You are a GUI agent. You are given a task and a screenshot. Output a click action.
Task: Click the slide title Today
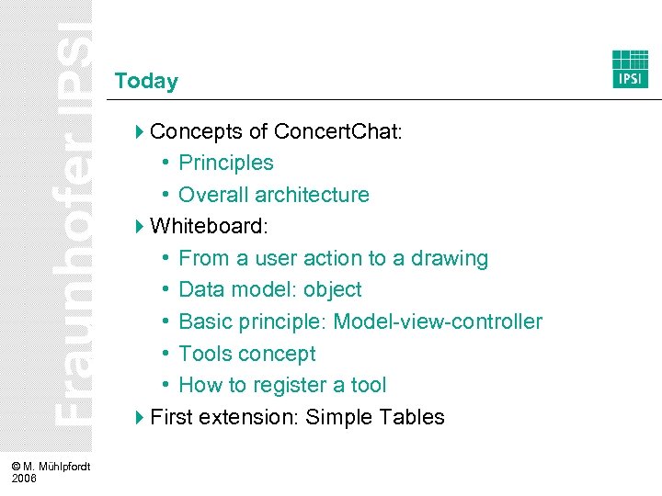[146, 81]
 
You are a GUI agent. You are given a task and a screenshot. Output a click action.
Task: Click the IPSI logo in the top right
[630, 69]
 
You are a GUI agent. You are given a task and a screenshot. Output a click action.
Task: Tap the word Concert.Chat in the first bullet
[337, 131]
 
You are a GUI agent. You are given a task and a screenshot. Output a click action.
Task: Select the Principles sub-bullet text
[226, 163]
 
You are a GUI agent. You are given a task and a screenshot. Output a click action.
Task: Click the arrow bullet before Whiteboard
[139, 226]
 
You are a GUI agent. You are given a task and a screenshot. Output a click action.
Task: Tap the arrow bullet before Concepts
[139, 131]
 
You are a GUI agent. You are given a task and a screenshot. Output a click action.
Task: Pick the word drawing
[451, 258]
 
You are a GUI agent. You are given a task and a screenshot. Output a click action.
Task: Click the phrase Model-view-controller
[438, 321]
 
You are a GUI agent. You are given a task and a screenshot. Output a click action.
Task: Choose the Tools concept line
[246, 354]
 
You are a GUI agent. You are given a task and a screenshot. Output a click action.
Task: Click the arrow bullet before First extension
[139, 417]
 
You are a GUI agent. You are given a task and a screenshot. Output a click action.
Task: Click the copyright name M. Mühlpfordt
[57, 468]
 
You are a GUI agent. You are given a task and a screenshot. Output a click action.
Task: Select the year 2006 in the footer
[25, 479]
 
